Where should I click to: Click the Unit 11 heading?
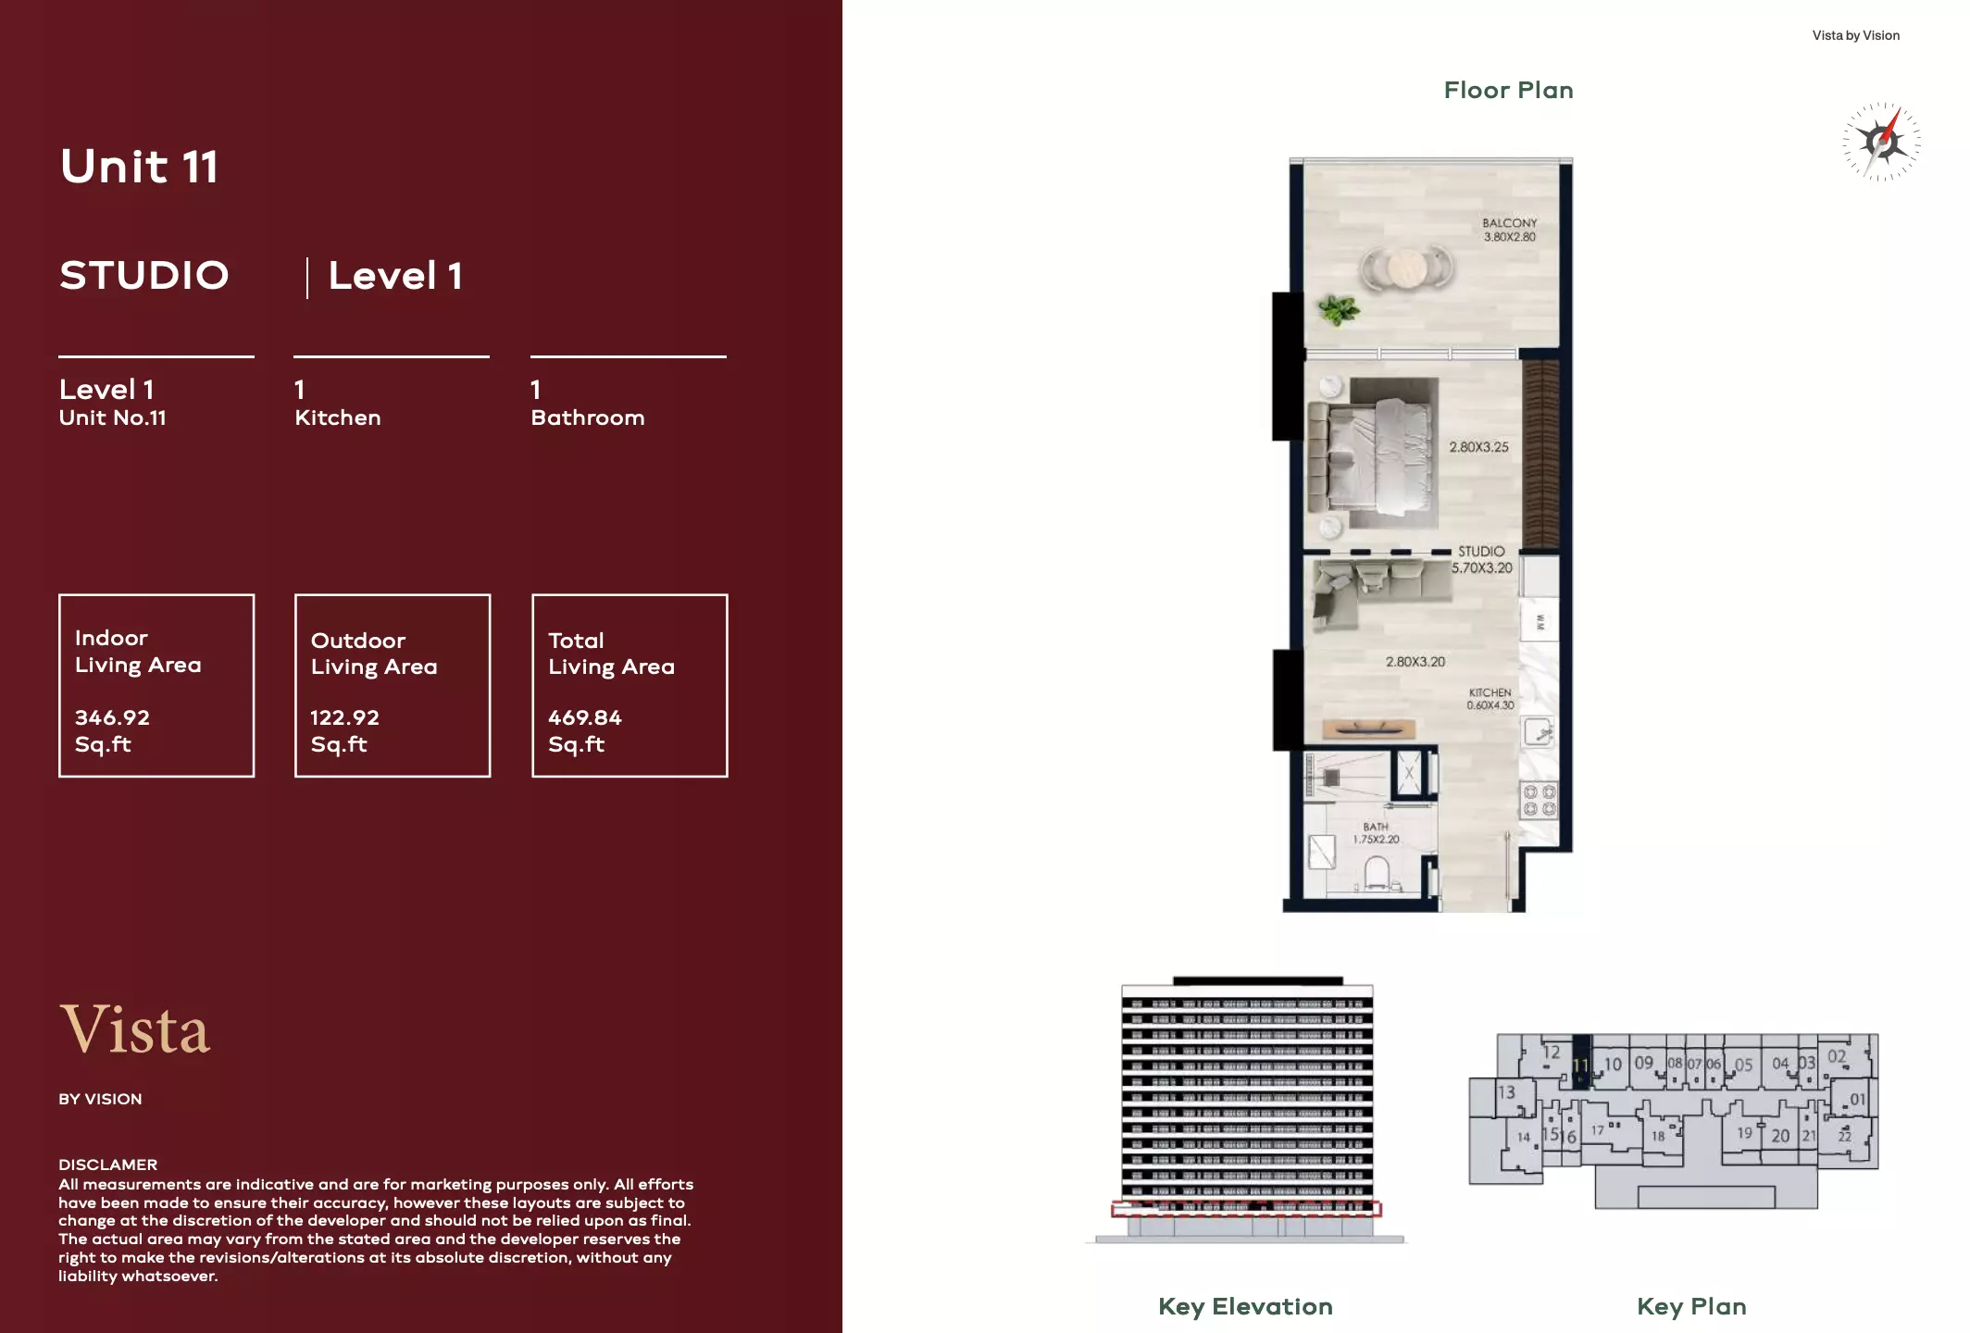[139, 168]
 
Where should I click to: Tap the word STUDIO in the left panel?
[144, 276]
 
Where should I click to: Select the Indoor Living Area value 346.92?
[112, 717]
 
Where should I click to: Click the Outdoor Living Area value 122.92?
[344, 717]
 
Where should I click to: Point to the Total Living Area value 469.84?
[584, 717]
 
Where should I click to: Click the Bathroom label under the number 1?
[587, 417]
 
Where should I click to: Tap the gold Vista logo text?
[135, 1029]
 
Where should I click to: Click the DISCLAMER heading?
[107, 1165]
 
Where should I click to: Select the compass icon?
[1880, 142]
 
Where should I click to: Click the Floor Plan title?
[1508, 91]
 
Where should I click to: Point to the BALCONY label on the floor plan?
[1509, 223]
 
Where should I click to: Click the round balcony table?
[1405, 268]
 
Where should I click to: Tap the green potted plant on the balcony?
[1338, 310]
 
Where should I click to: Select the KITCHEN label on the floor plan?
[1490, 693]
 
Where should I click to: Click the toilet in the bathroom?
[1377, 872]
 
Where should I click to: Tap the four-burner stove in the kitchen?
[1539, 801]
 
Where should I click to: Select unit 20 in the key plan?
[1779, 1136]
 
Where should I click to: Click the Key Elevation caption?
[1245, 1306]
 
